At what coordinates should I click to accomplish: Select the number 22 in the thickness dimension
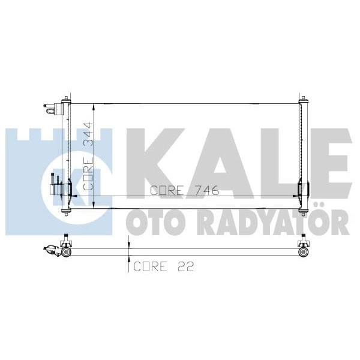point(186,266)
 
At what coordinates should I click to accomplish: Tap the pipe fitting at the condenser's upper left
point(52,109)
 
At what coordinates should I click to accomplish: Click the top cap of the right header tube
point(302,98)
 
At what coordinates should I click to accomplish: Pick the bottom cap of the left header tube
point(67,211)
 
